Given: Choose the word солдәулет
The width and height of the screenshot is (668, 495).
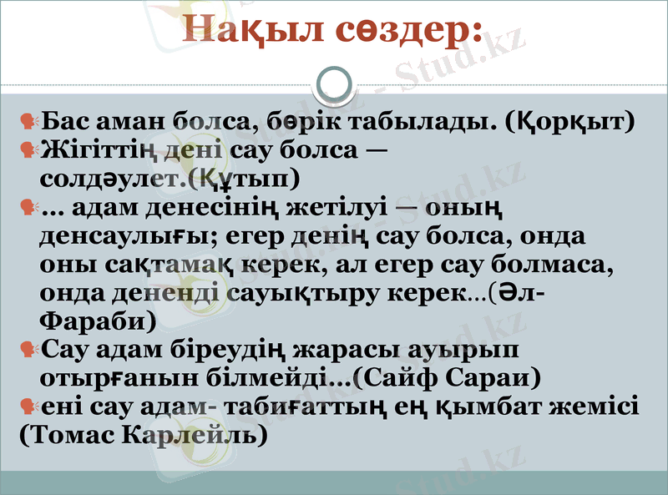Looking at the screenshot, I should [x=109, y=179].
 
